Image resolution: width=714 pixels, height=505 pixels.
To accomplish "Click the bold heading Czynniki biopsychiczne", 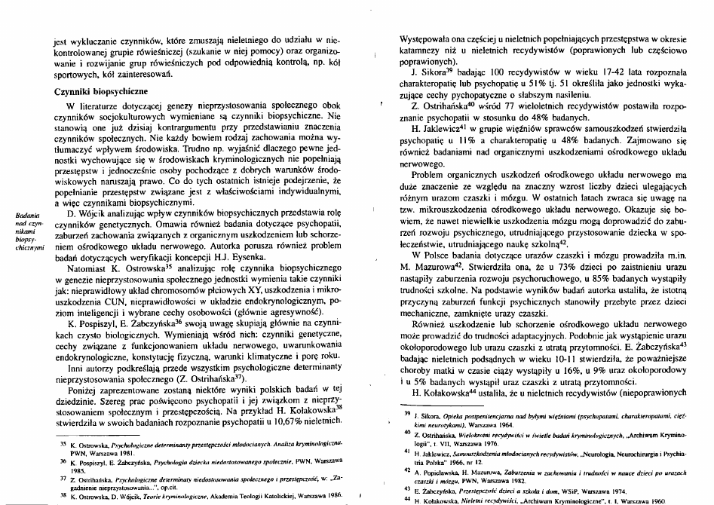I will click(89, 89).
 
